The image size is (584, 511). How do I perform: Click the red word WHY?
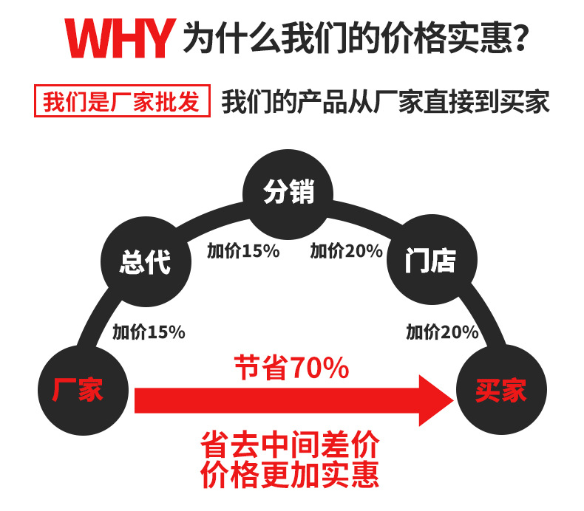click(x=118, y=37)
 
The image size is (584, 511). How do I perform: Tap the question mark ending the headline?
click(x=519, y=37)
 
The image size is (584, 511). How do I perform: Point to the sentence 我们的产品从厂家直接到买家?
click(x=385, y=102)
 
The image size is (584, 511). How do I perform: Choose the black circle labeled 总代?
click(x=145, y=261)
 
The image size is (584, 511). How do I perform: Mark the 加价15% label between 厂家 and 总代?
click(x=148, y=332)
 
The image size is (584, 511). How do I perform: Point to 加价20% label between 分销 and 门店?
click(x=346, y=251)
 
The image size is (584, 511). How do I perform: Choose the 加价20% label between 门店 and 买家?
click(x=442, y=332)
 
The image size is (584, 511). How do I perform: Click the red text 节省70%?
click(x=291, y=368)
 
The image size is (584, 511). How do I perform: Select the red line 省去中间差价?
click(x=290, y=445)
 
